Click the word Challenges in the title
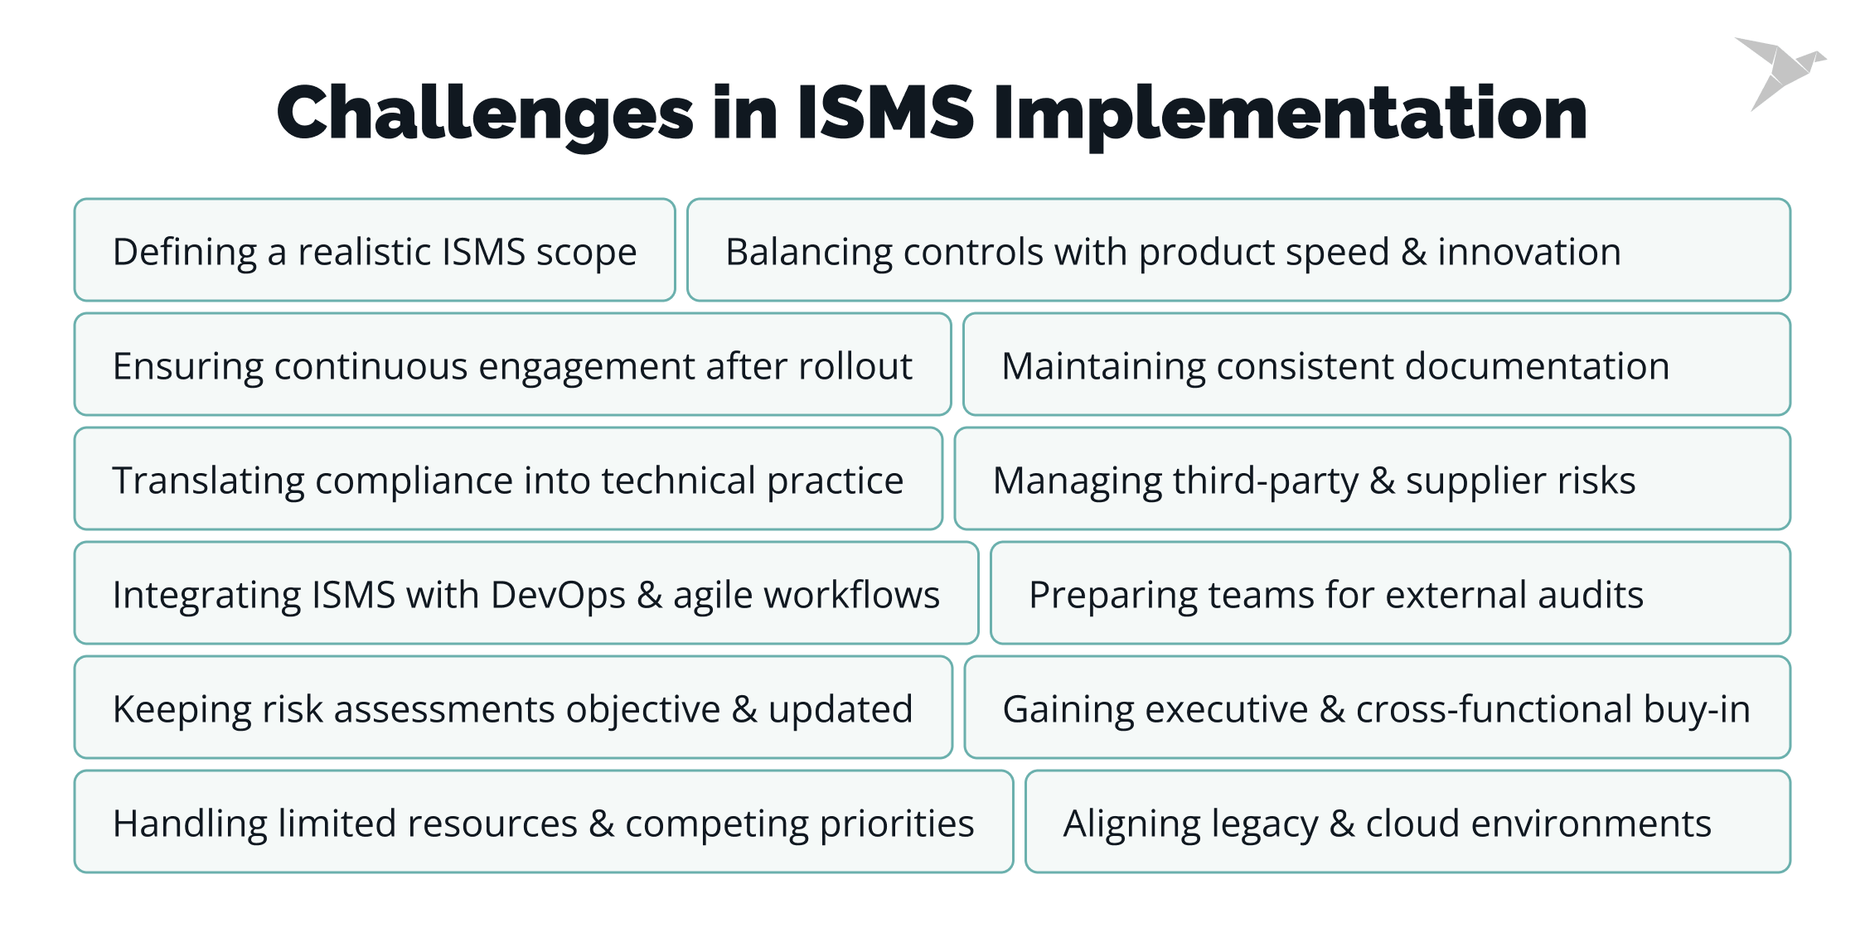[485, 114]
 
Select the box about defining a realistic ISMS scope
[375, 250]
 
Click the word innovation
[1528, 252]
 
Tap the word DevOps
[558, 595]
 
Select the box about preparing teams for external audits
[1390, 593]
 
